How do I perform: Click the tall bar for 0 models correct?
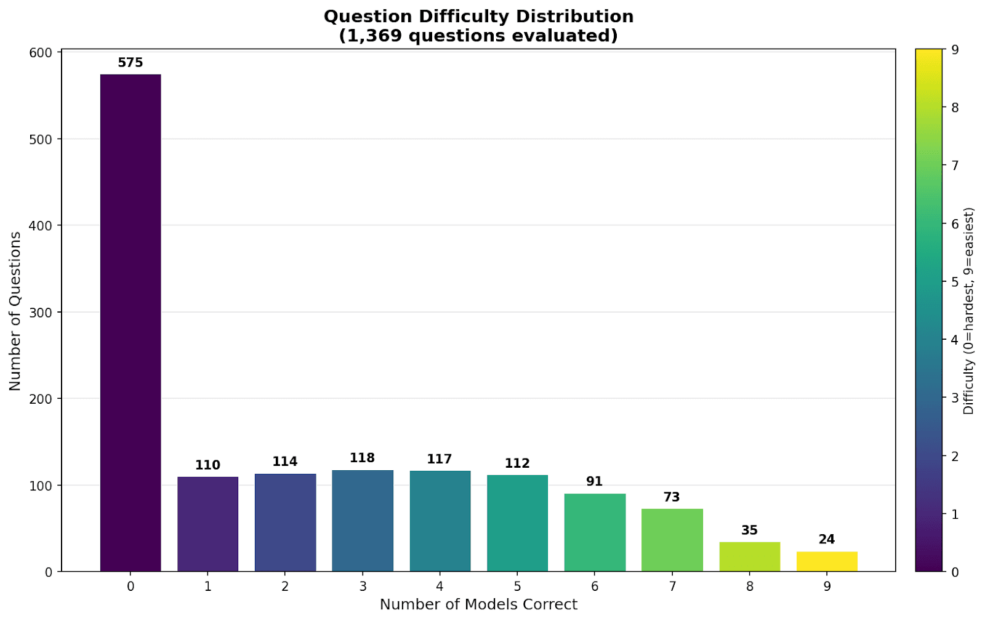(x=131, y=323)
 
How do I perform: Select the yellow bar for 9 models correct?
(x=827, y=561)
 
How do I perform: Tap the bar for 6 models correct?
(x=595, y=532)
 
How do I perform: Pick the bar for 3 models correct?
(x=363, y=521)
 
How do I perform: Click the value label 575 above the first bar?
(x=131, y=63)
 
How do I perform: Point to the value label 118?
(x=362, y=458)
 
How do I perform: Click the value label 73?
(x=672, y=497)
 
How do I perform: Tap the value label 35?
(x=749, y=530)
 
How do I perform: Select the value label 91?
(x=594, y=481)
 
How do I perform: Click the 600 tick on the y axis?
(x=41, y=53)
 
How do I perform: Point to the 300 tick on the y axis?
(x=41, y=313)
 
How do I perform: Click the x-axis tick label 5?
(x=517, y=587)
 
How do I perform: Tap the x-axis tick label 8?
(x=749, y=587)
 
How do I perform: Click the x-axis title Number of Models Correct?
(x=478, y=604)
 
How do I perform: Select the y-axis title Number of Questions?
(x=15, y=311)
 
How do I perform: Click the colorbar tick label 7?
(x=955, y=166)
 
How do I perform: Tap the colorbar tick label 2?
(x=955, y=456)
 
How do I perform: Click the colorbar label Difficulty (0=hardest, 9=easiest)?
(x=969, y=311)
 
